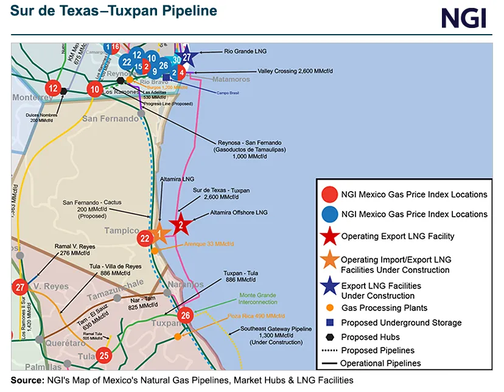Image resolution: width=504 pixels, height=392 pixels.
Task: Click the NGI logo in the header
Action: tap(464, 18)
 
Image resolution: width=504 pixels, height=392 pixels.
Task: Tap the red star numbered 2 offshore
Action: tap(181, 225)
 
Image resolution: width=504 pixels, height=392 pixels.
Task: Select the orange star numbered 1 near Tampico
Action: tap(158, 233)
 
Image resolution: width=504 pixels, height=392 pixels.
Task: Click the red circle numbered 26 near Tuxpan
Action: tap(186, 315)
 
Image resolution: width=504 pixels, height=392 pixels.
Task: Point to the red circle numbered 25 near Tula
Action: tap(105, 355)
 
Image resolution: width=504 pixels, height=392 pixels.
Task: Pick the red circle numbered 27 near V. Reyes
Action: tap(20, 287)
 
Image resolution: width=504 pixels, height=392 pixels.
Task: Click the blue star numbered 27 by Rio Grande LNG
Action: tap(187, 57)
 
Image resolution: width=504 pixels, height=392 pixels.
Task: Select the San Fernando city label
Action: tap(110, 119)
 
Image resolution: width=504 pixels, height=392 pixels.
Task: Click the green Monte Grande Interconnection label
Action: tap(240, 298)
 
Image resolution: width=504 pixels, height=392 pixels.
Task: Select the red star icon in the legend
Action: tap(329, 236)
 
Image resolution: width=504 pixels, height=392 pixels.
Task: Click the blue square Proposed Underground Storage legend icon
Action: tap(329, 323)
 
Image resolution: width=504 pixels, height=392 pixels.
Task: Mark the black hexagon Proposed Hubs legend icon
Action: tap(329, 337)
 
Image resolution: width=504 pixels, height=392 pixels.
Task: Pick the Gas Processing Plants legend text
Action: tap(384, 308)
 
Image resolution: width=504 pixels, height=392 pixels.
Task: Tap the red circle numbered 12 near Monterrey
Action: tap(54, 88)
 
